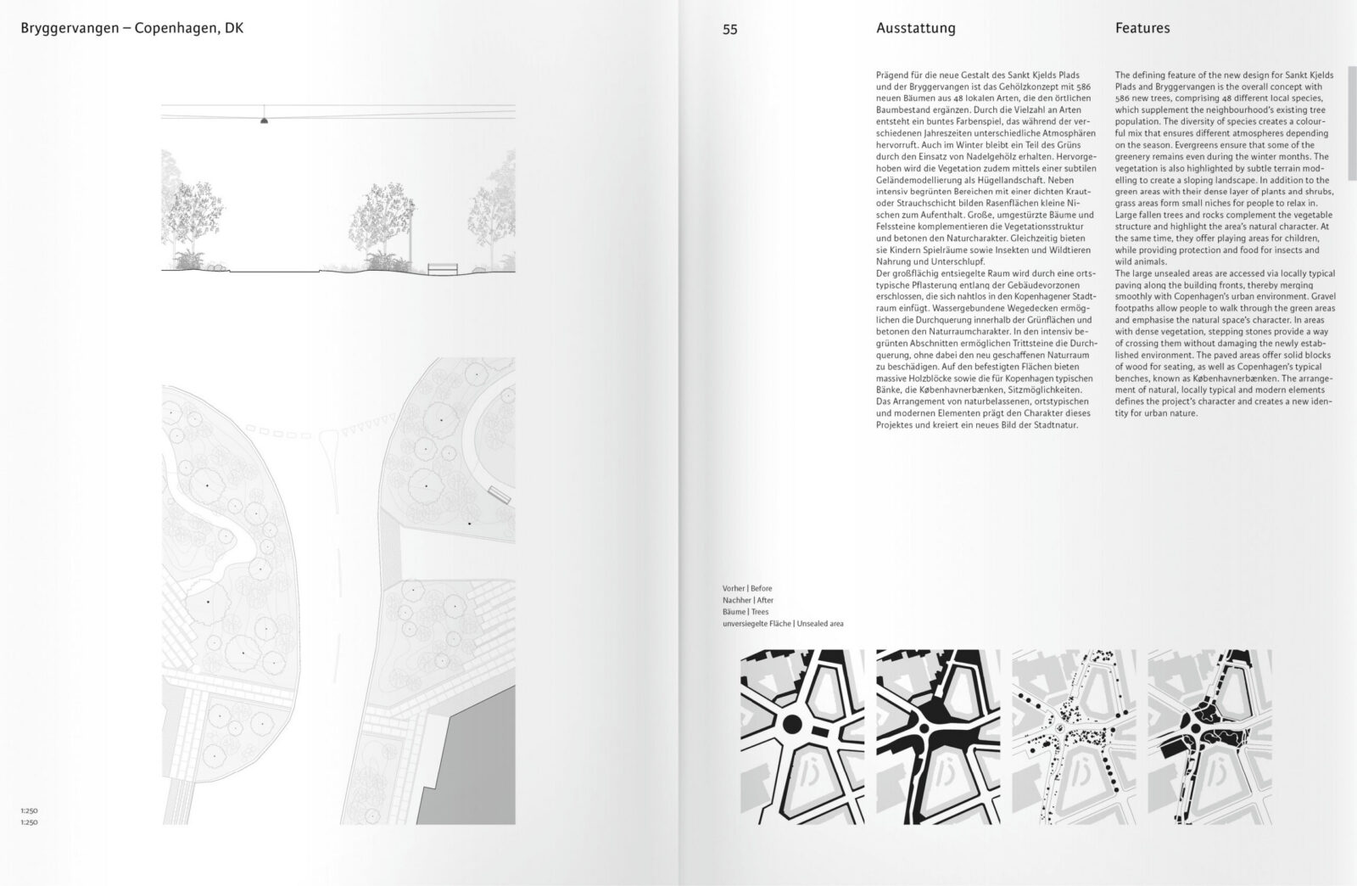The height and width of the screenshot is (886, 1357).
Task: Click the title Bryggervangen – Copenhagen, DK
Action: (x=131, y=28)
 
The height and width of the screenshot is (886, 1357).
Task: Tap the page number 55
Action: (x=730, y=29)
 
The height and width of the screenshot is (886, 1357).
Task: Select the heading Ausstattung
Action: (x=915, y=28)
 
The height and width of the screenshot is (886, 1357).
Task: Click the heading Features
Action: (x=1142, y=28)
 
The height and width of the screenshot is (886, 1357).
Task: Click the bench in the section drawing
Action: (x=442, y=268)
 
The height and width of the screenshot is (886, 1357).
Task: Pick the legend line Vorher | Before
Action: (x=746, y=588)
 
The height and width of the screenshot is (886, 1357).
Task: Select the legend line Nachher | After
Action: (x=747, y=600)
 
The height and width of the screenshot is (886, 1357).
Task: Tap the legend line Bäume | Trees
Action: (x=745, y=612)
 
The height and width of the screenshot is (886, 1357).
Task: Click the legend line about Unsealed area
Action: (x=782, y=624)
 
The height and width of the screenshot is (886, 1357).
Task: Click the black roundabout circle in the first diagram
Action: (x=792, y=724)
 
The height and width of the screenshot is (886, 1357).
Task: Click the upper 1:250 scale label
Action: (x=30, y=811)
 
